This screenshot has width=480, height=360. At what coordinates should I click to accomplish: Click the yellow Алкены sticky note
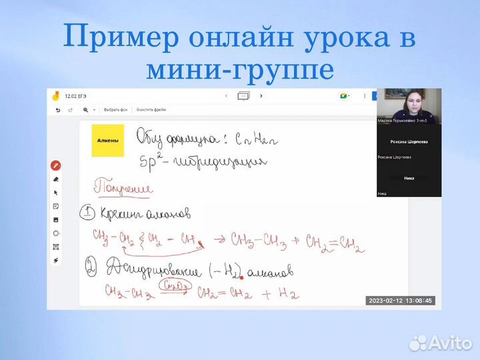point(107,140)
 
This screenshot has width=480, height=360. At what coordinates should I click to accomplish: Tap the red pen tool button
point(56,165)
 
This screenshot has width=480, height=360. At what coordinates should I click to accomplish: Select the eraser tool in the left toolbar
point(56,179)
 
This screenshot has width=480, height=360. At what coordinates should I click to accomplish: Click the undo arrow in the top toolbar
point(57,109)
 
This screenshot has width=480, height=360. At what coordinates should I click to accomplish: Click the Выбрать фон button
point(115,109)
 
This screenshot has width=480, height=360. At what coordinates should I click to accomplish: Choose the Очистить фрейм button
point(151,109)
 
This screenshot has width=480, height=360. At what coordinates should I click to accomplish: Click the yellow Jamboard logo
point(56,96)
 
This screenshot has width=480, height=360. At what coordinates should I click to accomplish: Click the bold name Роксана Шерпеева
point(409,142)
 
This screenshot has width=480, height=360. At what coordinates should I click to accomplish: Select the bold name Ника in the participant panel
point(409,178)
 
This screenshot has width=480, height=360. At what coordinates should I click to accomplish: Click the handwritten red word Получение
point(123,189)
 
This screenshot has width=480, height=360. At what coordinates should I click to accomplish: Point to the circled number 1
point(87,213)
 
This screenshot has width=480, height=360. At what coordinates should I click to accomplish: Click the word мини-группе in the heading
point(239,69)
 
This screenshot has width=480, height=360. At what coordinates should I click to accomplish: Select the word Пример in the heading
point(121,37)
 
